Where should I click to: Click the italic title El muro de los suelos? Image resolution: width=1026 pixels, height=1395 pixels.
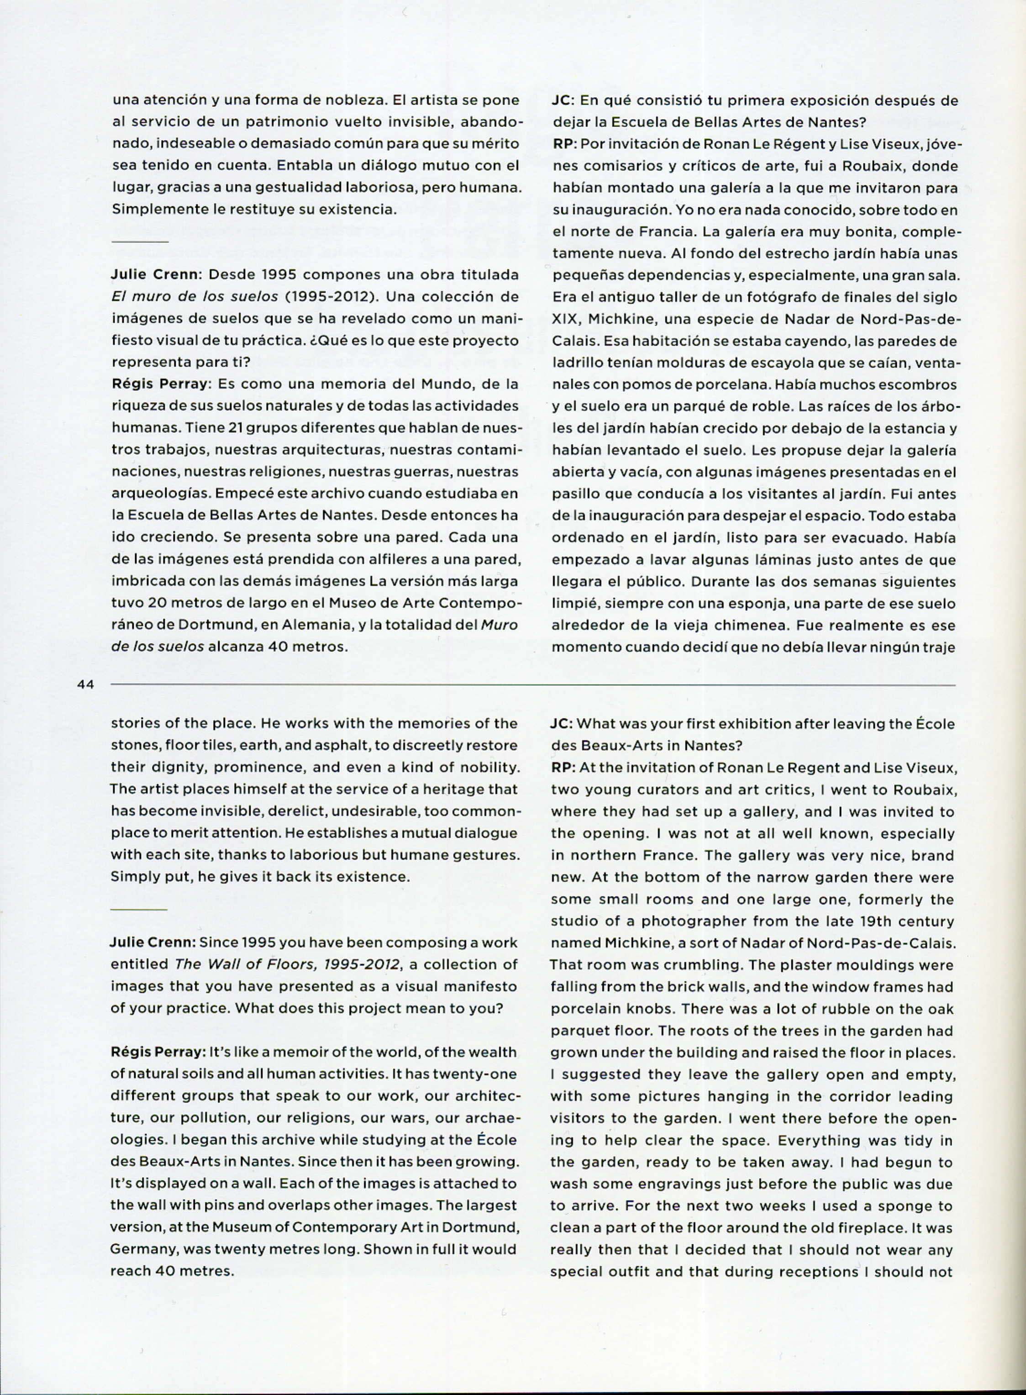[195, 296]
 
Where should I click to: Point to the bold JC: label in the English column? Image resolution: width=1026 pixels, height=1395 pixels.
[562, 724]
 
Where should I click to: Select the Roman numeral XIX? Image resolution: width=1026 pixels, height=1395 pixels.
[564, 319]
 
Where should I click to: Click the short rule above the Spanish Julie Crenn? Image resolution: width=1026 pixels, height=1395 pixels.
[140, 241]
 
